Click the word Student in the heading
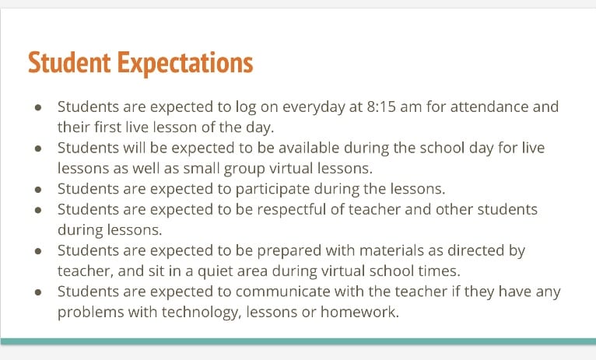69,63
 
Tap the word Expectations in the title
185,65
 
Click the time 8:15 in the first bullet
381,107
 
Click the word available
309,148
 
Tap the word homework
359,312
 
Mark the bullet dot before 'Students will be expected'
38,149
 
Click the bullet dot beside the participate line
38,190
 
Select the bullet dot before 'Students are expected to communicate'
38,292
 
